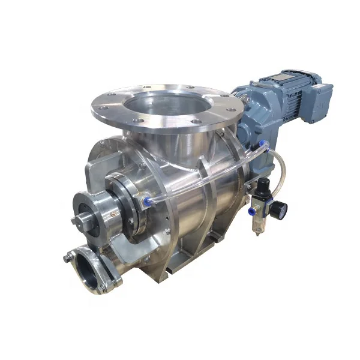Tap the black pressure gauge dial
click(x=277, y=209)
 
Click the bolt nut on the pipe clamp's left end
click(x=68, y=259)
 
